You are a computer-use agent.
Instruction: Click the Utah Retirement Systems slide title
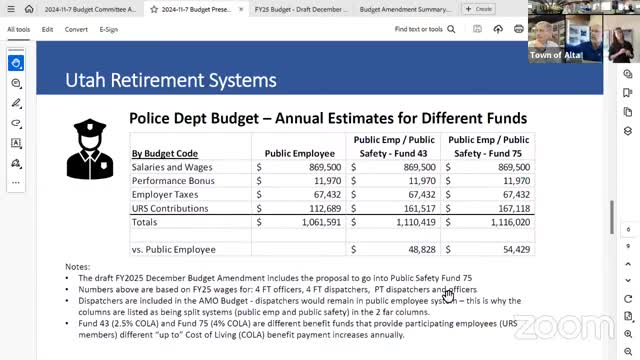(x=170, y=80)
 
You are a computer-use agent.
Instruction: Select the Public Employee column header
(x=298, y=153)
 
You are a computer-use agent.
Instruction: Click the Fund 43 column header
(x=393, y=146)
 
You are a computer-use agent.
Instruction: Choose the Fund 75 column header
(x=489, y=146)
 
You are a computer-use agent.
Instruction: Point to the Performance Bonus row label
(x=174, y=181)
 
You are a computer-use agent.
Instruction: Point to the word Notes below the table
(x=78, y=267)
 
